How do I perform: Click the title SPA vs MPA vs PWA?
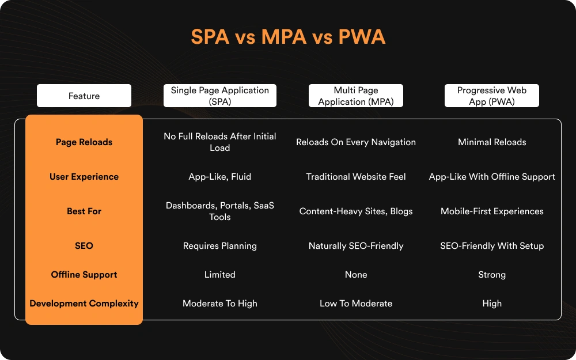[x=288, y=37]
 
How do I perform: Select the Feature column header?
[x=84, y=96]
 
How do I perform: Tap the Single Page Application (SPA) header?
[x=220, y=96]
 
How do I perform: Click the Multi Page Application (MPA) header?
[x=356, y=96]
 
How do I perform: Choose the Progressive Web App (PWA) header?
[x=492, y=96]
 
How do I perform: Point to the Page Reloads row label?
[x=84, y=142]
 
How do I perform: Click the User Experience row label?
[x=84, y=177]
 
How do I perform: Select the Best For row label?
[x=84, y=211]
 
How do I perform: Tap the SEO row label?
[x=84, y=246]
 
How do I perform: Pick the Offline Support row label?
[x=84, y=275]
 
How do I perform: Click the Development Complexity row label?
[x=84, y=304]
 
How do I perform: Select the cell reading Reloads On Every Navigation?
[x=356, y=142]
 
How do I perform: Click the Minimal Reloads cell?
[x=492, y=142]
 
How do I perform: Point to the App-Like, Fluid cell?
[x=220, y=177]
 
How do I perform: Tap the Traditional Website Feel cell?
[x=356, y=177]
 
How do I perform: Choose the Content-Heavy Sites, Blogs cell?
[x=356, y=211]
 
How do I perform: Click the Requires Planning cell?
[x=220, y=246]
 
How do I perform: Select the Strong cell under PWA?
[x=492, y=275]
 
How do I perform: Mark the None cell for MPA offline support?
[x=356, y=275]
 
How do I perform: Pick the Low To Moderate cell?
[x=356, y=304]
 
